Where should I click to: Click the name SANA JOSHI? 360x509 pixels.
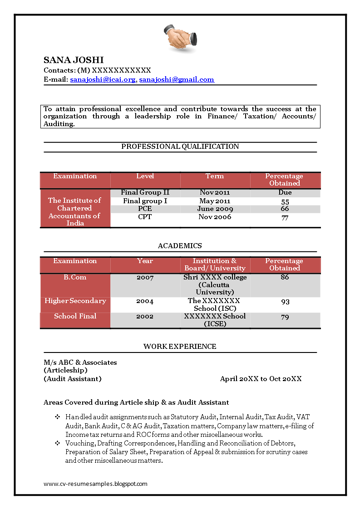click(74, 60)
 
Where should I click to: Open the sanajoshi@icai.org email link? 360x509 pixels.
click(103, 79)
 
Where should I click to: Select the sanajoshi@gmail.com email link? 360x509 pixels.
click(176, 79)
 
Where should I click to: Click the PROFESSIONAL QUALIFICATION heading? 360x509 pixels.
click(180, 147)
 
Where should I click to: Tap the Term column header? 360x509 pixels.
click(214, 176)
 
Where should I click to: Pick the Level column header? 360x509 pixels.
click(145, 176)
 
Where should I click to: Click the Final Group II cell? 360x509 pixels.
click(145, 192)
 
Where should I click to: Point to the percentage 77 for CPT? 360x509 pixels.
click(285, 218)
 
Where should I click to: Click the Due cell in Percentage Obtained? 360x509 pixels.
click(285, 192)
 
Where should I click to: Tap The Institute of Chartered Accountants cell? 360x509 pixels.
click(75, 211)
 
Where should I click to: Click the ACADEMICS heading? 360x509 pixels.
click(180, 246)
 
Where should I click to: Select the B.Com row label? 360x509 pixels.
click(75, 277)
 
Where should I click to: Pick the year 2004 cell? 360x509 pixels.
click(145, 301)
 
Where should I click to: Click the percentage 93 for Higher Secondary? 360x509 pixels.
click(285, 302)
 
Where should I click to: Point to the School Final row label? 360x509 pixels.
click(75, 316)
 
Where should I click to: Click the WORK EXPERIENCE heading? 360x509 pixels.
click(180, 347)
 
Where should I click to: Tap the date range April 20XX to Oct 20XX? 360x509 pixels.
click(261, 379)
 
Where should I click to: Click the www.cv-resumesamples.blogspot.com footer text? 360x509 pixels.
click(95, 484)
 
